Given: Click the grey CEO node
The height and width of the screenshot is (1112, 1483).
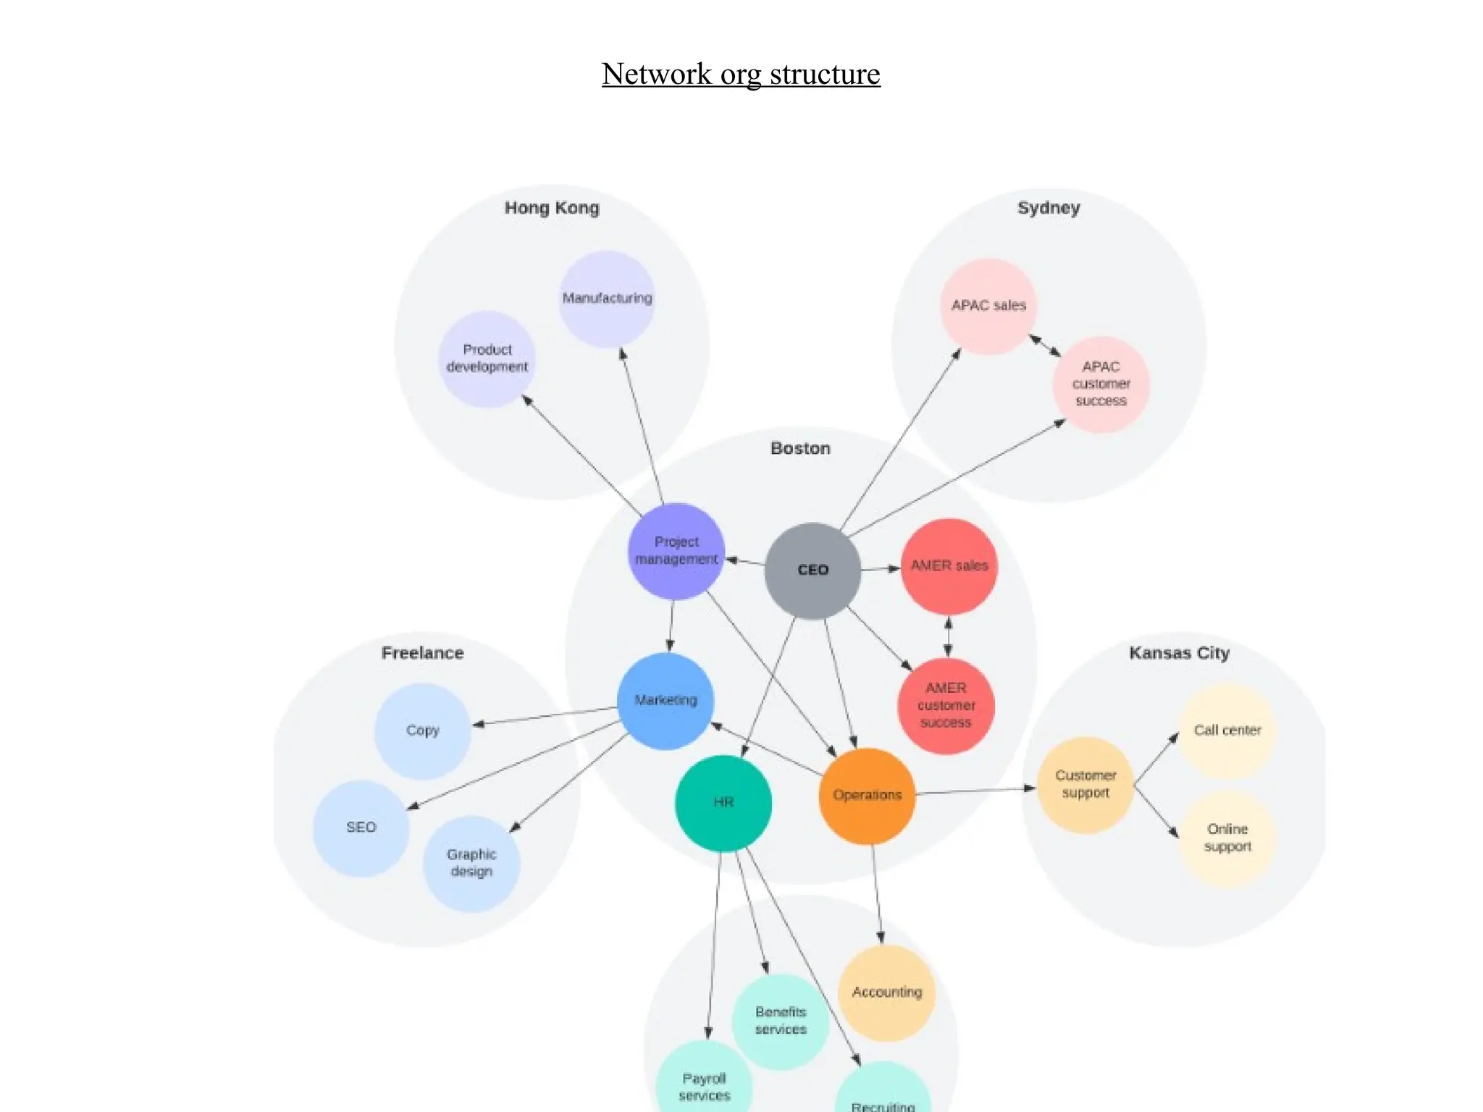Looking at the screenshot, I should click(x=812, y=570).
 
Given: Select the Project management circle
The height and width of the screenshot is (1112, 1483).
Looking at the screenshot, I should click(x=676, y=551).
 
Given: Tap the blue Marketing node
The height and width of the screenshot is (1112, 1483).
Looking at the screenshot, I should click(x=666, y=700).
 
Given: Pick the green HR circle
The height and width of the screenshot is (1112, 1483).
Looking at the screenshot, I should click(x=723, y=802).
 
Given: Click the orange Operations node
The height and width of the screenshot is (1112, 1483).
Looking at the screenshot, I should click(x=867, y=795).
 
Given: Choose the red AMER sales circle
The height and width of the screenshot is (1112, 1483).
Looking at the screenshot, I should click(x=949, y=566).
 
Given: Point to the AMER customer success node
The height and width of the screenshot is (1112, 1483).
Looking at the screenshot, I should click(x=946, y=705).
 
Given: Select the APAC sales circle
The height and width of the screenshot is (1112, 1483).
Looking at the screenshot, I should click(x=988, y=306).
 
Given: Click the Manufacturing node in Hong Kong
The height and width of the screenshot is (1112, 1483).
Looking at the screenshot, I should click(x=607, y=298).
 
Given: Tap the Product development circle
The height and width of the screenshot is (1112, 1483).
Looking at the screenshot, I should click(x=487, y=358).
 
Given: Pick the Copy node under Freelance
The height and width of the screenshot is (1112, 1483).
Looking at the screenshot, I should click(x=423, y=730).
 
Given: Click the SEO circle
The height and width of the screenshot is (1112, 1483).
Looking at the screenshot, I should click(x=361, y=827).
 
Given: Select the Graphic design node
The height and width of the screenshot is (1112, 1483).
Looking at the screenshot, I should click(x=471, y=863).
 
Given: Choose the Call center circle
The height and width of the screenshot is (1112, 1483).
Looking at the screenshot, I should click(x=1227, y=730).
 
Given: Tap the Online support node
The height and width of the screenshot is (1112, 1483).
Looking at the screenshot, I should click(x=1227, y=838).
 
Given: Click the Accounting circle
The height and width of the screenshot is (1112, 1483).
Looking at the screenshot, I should click(x=887, y=993).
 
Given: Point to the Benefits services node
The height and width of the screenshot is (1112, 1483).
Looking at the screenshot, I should click(x=781, y=1021).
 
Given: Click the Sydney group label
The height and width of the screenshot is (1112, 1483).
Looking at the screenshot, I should click(x=1049, y=208).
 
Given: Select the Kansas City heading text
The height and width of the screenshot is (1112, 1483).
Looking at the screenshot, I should click(x=1179, y=653).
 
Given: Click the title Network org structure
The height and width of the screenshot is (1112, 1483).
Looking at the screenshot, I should click(x=741, y=74).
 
